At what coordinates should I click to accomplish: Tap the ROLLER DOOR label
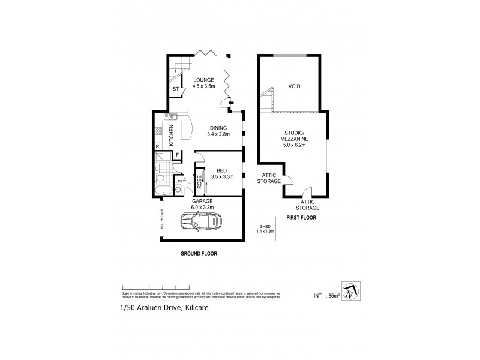162,220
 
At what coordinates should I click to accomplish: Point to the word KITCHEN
171,135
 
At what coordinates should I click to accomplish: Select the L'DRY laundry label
179,181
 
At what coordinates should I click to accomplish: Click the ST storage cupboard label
175,90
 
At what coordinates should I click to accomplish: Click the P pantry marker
157,146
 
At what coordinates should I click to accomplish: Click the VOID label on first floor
294,86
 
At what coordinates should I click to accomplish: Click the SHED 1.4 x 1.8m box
265,227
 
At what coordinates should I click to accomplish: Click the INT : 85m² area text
327,295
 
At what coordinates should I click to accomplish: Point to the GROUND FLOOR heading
199,254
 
